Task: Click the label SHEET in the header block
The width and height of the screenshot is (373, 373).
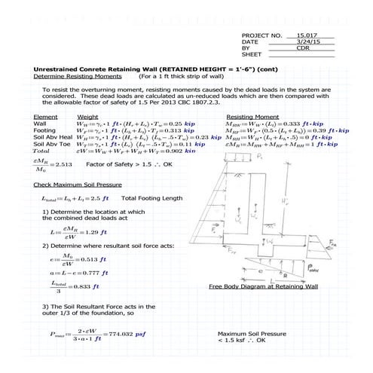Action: point(251,54)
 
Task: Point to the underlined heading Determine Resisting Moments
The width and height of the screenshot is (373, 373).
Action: point(67,76)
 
